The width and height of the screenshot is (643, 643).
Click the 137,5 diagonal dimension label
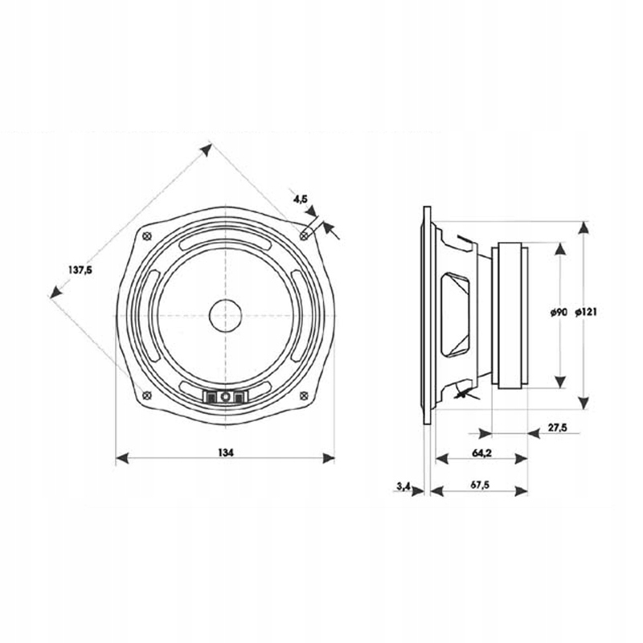coord(77,271)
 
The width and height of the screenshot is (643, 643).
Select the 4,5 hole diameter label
coord(300,197)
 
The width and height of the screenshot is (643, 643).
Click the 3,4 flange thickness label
coord(404,485)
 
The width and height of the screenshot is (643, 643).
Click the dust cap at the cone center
coord(225,314)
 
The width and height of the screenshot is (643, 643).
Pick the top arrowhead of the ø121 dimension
coord(585,227)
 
